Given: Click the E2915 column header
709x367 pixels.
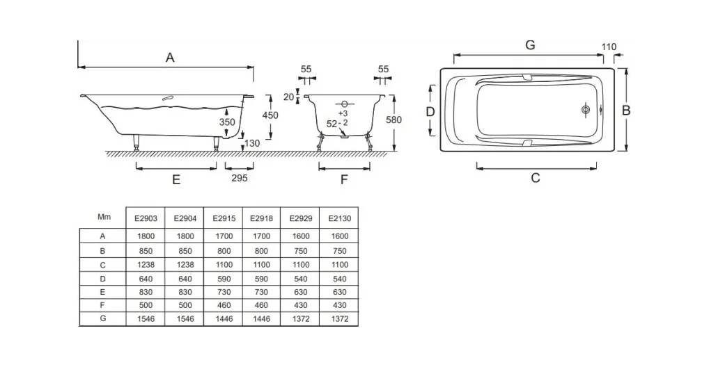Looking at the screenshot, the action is coord(224,218).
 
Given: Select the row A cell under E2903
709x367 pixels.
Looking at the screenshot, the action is coord(146,236).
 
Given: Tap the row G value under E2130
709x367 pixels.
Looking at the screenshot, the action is coord(340,319).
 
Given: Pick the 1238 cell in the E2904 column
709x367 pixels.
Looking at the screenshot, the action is coord(185,265).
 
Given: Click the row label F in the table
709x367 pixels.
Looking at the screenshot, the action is coord(102,305).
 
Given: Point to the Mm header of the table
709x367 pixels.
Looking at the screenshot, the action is coord(104,217).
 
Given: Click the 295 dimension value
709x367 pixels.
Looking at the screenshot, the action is coord(239,178).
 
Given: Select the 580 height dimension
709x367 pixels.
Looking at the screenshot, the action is coord(394,120).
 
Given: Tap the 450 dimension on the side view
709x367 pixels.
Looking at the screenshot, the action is coord(270,115).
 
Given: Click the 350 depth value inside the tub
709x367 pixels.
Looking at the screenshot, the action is coord(227,122).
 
